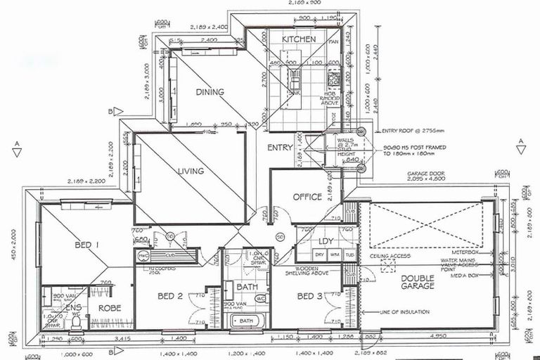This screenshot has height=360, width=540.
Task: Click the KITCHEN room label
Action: pyautogui.click(x=299, y=39)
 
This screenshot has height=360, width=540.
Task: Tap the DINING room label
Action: pyautogui.click(x=210, y=92)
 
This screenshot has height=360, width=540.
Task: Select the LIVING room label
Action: pyautogui.click(x=191, y=171)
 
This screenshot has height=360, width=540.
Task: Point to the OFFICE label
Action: pyautogui.click(x=307, y=197)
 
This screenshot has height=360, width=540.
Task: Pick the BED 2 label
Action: pyautogui.click(x=170, y=297)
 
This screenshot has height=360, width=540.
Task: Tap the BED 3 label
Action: pyautogui.click(x=309, y=297)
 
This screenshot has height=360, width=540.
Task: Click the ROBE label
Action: pyautogui.click(x=110, y=307)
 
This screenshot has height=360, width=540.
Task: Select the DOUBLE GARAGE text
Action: pyautogui.click(x=417, y=281)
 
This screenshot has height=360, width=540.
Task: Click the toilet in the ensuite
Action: pyautogui.click(x=76, y=321)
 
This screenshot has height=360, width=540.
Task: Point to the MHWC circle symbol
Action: pyautogui.click(x=143, y=255)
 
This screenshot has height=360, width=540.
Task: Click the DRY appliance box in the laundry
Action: pyautogui.click(x=319, y=255)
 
